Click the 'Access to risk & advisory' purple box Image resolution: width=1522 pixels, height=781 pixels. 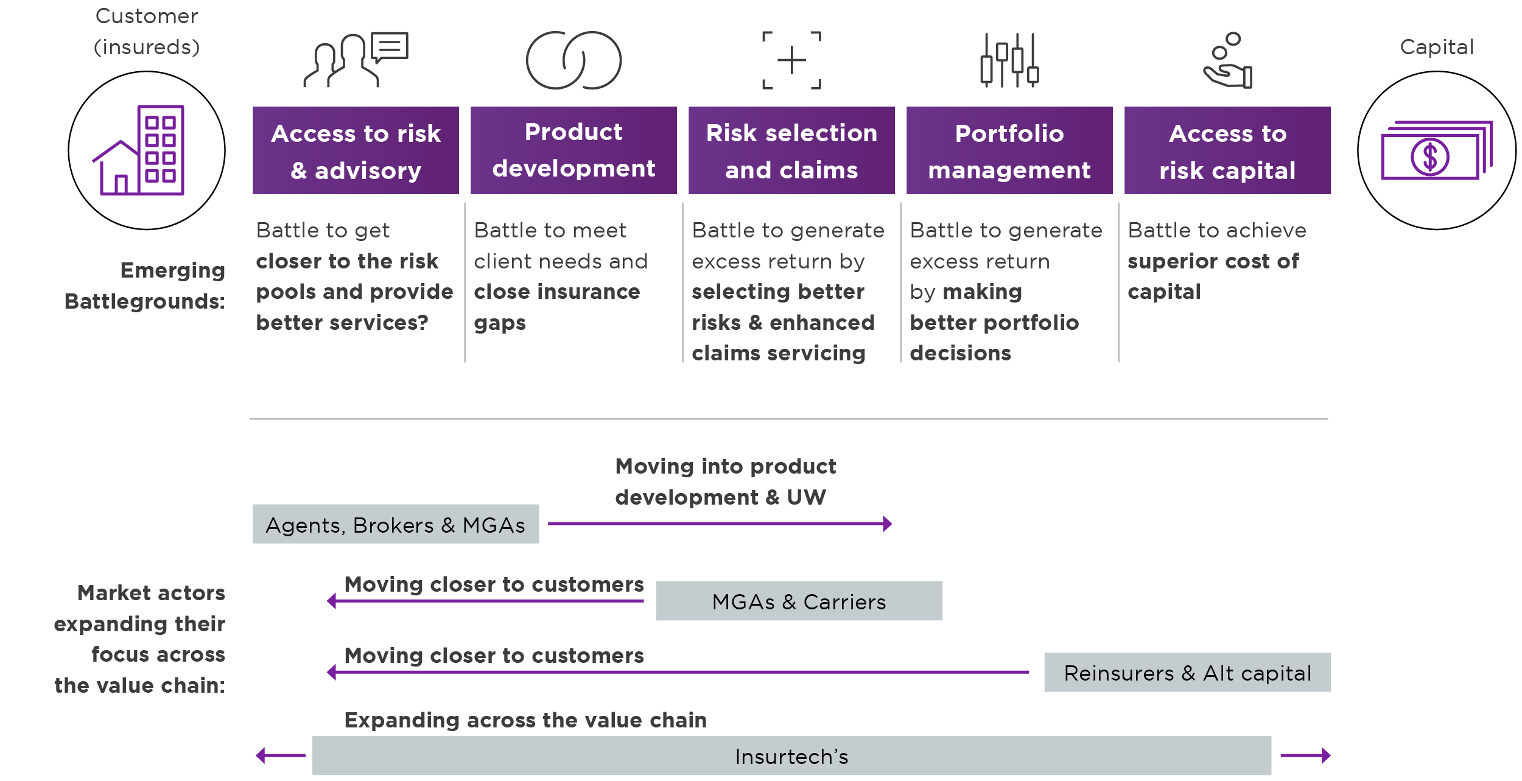(356, 150)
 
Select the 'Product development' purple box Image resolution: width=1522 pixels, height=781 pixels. (573, 150)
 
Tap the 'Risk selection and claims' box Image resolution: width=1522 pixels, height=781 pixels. (791, 150)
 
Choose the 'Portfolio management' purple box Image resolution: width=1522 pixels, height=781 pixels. (1009, 150)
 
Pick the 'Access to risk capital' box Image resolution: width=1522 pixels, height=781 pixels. (1227, 150)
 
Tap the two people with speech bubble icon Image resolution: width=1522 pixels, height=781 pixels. (356, 60)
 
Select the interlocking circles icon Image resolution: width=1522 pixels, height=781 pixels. (573, 60)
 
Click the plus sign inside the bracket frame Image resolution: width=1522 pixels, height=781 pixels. (791, 60)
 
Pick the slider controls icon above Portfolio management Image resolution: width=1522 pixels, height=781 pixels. (1009, 60)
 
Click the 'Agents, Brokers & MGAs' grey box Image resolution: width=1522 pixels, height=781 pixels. (396, 524)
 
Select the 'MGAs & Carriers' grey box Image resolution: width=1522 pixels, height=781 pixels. (799, 601)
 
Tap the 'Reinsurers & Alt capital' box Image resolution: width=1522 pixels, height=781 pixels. (1187, 673)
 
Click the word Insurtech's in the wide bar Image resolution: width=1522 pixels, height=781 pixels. (791, 756)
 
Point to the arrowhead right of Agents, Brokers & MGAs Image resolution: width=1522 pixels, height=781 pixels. (888, 524)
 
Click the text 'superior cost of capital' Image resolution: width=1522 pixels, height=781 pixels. (1213, 276)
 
